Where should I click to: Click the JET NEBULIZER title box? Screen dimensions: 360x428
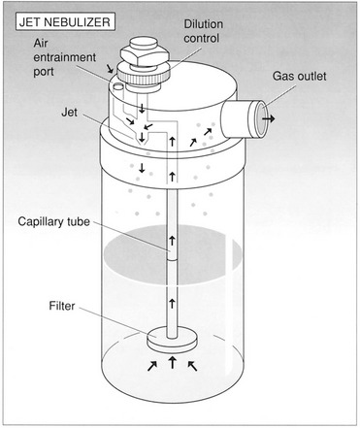[x=65, y=21]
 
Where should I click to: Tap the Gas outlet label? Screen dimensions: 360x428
[x=299, y=77]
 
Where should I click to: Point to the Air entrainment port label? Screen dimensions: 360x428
[x=65, y=57]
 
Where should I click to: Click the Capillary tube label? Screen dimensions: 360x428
[x=53, y=221]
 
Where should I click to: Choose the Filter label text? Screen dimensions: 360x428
[x=62, y=306]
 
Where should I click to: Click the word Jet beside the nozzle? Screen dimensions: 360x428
[x=69, y=113]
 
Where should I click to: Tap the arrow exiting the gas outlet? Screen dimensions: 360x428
[x=269, y=118]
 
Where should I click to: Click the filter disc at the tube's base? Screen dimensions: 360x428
[x=172, y=341]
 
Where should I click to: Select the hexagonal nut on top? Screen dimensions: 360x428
[x=145, y=56]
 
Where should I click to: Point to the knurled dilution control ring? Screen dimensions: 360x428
[x=144, y=74]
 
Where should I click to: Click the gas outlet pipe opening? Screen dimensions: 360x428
[x=260, y=118]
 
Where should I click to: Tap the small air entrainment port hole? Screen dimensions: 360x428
[x=118, y=85]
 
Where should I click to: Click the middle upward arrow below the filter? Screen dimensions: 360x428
[x=173, y=362]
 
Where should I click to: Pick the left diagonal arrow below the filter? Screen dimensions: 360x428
[x=152, y=366]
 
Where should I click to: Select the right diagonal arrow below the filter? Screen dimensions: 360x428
[x=192, y=366]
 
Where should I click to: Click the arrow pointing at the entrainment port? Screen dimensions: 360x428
[x=110, y=68]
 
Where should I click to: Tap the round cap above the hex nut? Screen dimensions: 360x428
[x=144, y=44]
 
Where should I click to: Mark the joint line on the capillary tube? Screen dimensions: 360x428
[x=172, y=260]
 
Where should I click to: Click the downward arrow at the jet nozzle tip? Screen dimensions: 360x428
[x=142, y=138]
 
